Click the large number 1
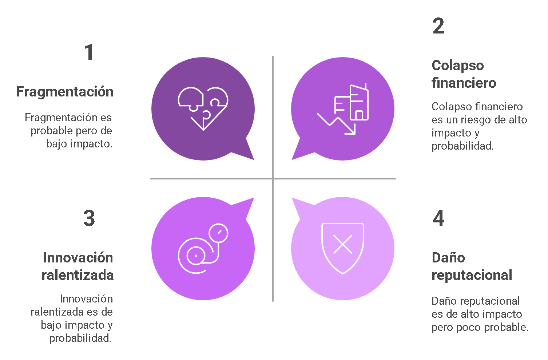pos(89,52)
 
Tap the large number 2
pos(438,26)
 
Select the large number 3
pos(89,218)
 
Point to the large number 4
pos(438,218)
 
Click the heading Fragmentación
pos(65,92)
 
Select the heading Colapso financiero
pos(464,74)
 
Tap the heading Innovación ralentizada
pos(78,266)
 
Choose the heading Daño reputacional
pos(472,266)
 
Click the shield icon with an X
pos(343,248)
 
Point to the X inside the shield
pos(343,244)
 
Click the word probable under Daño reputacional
pos(509,327)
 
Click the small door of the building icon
pos(359,115)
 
